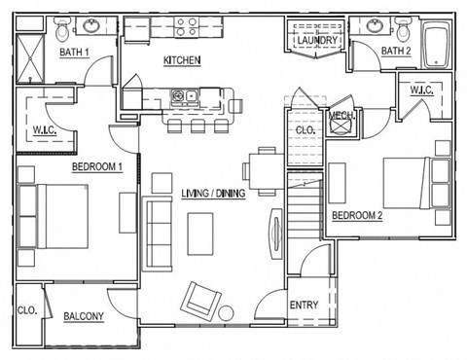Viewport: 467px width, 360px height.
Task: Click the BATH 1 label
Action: click(x=74, y=53)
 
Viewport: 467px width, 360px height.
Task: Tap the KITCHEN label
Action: click(x=182, y=61)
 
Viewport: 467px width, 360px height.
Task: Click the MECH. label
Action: click(x=341, y=117)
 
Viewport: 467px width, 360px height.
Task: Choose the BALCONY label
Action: click(x=84, y=316)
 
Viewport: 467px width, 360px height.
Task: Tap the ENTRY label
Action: click(x=304, y=306)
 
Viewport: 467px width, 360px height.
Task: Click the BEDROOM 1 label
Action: click(x=96, y=166)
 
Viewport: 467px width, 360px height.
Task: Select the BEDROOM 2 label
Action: click(x=357, y=215)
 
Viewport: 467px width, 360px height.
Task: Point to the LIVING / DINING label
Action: click(x=213, y=194)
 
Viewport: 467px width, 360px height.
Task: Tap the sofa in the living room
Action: click(x=158, y=233)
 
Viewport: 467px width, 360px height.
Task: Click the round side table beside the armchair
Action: click(x=227, y=313)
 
